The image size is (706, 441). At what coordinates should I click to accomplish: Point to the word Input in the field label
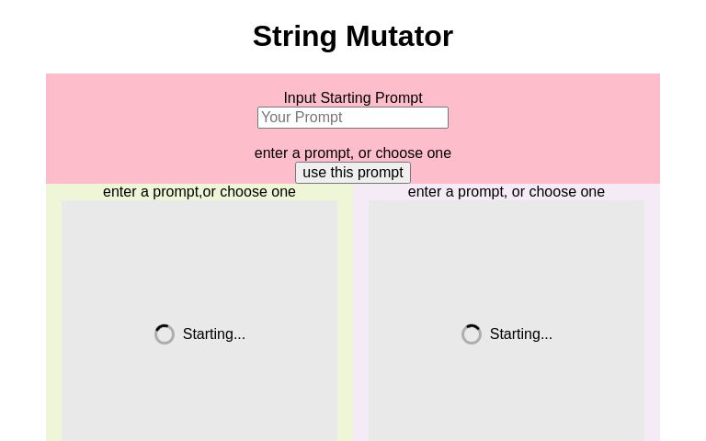300,98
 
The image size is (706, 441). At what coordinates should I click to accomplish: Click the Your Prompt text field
353,118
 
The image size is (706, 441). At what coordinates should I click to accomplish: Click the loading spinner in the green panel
165,334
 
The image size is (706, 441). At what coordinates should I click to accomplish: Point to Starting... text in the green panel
214,334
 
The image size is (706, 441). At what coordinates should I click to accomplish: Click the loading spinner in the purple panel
472,334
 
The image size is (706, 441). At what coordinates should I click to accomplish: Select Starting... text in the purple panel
521,334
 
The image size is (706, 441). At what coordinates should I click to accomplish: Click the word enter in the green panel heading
120,192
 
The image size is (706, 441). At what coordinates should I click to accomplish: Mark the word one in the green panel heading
284,192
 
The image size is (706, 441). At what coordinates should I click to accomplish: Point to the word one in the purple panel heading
593,192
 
